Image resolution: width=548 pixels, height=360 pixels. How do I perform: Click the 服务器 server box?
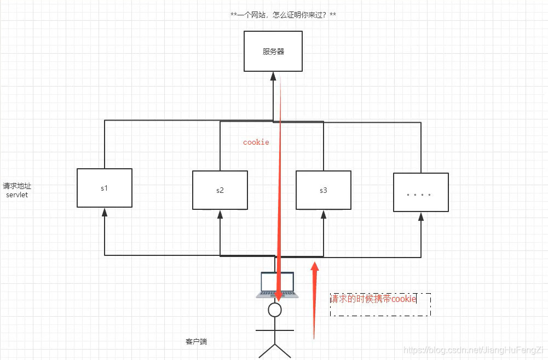273,52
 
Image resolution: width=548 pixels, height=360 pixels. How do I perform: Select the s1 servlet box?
104,188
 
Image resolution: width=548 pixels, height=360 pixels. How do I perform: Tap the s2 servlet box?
220,190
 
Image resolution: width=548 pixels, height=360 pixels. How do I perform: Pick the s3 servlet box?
323,190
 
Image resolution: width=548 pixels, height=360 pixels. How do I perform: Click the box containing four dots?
420,192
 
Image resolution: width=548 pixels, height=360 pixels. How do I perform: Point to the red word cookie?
256,142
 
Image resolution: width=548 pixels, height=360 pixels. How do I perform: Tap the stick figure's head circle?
275,310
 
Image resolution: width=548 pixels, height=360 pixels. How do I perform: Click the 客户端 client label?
196,342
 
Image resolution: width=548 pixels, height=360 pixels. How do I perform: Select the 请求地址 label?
17,186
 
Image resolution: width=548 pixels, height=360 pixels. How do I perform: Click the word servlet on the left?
16,195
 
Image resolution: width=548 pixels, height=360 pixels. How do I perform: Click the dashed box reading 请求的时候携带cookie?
380,304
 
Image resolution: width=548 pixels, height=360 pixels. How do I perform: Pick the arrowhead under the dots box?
421,217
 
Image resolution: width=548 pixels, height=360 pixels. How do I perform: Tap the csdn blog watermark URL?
472,350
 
